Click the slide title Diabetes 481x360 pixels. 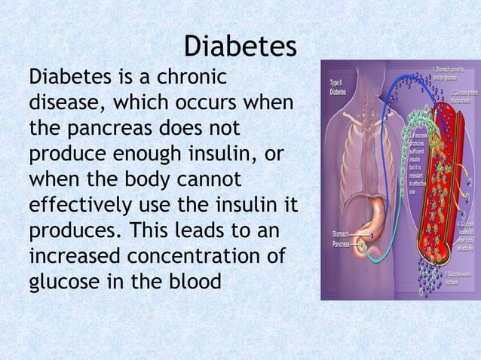(240, 47)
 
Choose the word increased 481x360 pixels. (74, 257)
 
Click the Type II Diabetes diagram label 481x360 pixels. (339, 87)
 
